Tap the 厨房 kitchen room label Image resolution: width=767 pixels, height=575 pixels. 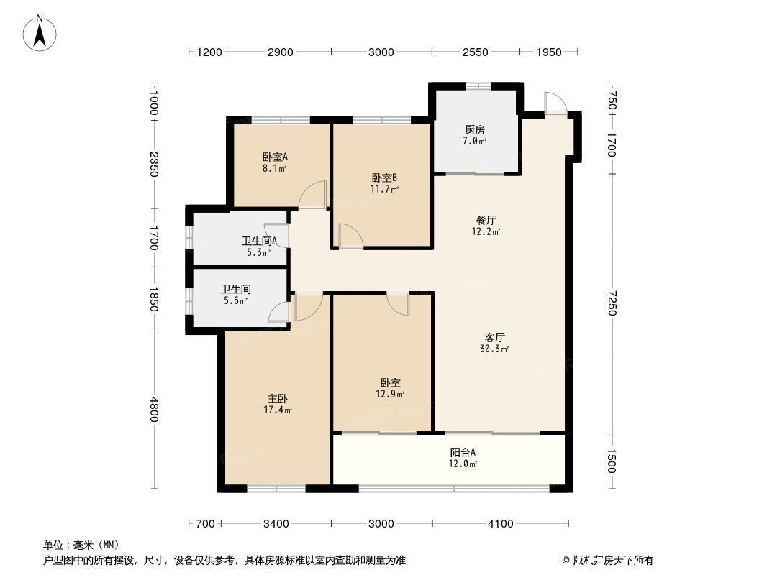click(474, 130)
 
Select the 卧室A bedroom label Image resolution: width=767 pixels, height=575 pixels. click(275, 157)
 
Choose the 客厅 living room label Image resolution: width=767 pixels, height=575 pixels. click(495, 336)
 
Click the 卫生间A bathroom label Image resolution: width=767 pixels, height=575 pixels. click(255, 241)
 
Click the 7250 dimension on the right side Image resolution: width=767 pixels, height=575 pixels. click(612, 303)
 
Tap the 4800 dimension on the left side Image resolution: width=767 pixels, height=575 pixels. click(153, 411)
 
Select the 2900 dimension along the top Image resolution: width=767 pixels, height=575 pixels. click(280, 52)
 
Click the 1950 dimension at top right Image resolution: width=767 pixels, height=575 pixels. click(549, 52)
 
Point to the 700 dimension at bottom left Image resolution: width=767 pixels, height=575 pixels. click(205, 524)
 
